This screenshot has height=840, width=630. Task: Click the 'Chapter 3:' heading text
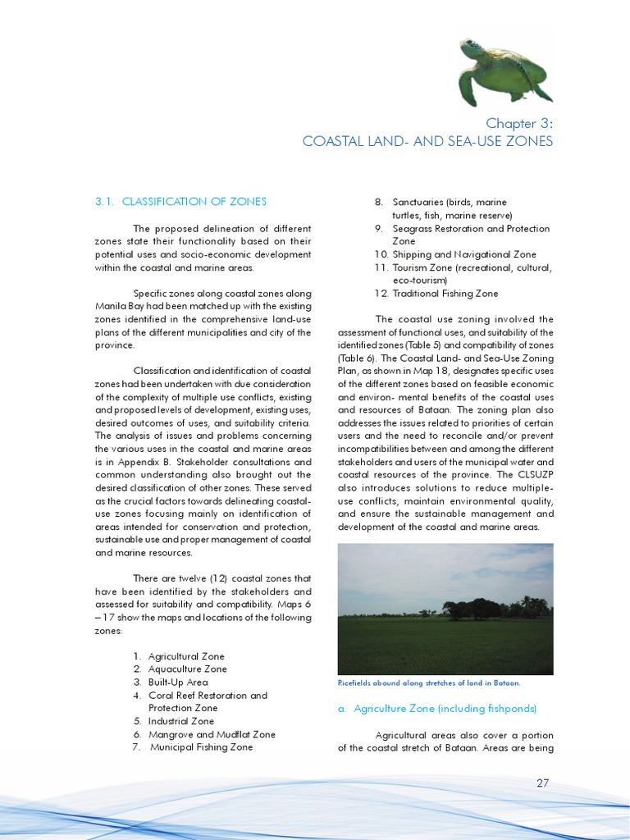(519, 123)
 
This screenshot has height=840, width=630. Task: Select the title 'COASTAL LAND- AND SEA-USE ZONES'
(427, 142)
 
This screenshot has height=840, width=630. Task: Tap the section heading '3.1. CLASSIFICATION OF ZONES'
(180, 202)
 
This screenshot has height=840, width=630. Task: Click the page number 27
(542, 783)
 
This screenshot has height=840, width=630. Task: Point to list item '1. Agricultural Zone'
(178, 656)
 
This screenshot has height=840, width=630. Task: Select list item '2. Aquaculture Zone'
(179, 669)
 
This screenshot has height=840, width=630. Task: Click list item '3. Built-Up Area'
(170, 682)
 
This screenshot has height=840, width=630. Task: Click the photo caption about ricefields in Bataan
(429, 683)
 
